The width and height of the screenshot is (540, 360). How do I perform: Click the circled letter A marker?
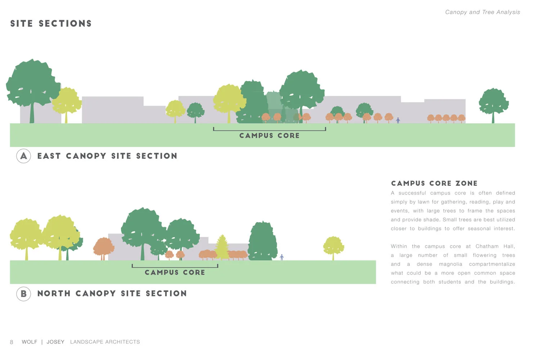[24, 156]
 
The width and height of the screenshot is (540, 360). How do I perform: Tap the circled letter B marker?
[24, 294]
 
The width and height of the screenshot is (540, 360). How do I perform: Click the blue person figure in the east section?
[398, 120]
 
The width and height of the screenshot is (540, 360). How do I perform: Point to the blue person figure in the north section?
[282, 257]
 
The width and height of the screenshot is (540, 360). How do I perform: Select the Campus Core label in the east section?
[269, 136]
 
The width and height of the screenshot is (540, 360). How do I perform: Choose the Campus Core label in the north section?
[175, 273]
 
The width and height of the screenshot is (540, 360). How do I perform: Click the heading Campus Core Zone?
[434, 183]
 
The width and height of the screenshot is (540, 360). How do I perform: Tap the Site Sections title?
[51, 24]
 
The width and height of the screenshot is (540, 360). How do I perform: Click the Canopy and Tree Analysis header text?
[482, 12]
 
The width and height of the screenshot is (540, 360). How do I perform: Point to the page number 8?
[12, 342]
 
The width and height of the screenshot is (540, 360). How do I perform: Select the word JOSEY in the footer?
[55, 342]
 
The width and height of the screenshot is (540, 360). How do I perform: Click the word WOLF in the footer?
[30, 342]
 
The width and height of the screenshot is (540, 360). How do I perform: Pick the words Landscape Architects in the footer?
[105, 342]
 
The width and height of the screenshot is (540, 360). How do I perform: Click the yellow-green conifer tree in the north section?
[222, 247]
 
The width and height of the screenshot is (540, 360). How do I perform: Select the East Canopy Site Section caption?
[107, 156]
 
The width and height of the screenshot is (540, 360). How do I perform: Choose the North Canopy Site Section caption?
[112, 294]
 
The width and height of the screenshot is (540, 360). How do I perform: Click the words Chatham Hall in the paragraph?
[495, 247]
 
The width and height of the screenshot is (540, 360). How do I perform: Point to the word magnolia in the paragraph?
[450, 264]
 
